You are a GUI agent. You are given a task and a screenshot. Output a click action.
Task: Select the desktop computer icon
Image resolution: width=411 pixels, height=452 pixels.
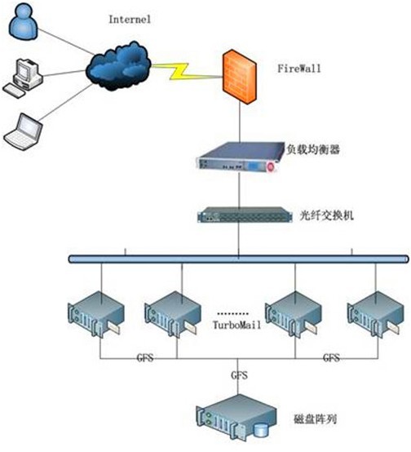[x=23, y=78]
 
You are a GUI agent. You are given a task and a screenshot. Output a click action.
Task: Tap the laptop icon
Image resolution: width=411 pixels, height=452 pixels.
[x=23, y=132]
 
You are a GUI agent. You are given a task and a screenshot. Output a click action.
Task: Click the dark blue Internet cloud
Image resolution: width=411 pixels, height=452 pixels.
[x=118, y=66]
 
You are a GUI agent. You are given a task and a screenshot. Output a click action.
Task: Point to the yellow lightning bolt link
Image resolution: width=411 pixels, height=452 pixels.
[x=184, y=72]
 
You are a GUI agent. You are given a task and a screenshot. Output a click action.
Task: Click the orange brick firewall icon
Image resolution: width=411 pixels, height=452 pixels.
[x=239, y=78]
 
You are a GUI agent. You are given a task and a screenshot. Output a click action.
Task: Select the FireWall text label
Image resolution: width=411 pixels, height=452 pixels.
[x=299, y=69]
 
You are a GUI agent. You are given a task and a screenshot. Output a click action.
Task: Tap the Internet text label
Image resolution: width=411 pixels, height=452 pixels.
[x=130, y=20]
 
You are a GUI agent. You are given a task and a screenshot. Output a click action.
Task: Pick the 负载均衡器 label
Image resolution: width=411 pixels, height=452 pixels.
[x=313, y=149]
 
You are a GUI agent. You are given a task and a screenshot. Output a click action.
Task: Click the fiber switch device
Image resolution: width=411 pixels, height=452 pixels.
[x=245, y=215]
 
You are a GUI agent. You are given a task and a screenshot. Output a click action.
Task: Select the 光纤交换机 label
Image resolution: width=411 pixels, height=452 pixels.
[x=326, y=215]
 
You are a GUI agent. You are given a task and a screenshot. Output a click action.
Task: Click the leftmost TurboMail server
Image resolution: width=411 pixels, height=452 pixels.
[x=96, y=314]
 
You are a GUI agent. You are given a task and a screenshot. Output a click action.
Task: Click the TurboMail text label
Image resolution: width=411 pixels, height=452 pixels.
[x=236, y=326]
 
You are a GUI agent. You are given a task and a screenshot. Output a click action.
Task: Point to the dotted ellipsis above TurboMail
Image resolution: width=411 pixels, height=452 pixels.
[x=232, y=313]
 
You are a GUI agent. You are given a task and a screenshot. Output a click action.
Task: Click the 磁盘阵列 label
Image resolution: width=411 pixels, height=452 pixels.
[x=316, y=419]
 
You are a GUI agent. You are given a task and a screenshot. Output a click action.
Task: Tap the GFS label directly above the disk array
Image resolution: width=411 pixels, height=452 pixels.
[x=239, y=375]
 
